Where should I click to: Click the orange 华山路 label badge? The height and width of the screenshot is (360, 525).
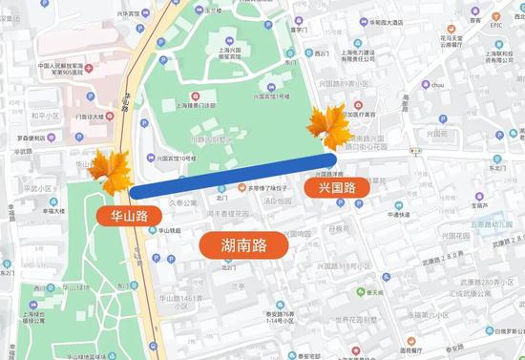[x=128, y=215]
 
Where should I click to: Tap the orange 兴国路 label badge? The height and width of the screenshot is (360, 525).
[x=337, y=188]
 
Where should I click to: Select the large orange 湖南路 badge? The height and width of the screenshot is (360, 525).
[x=245, y=244]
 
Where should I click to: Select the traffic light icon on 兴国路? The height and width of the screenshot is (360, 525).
[x=414, y=150]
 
